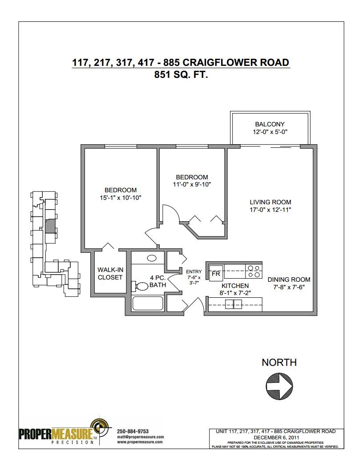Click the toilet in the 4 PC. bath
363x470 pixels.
click(141, 286)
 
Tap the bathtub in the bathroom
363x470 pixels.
click(148, 304)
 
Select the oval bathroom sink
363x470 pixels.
click(152, 258)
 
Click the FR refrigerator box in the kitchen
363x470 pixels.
click(216, 273)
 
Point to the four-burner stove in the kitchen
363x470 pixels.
click(254, 271)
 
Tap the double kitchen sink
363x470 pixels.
click(234, 304)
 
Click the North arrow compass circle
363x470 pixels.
click(279, 386)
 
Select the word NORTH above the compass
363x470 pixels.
click(279, 362)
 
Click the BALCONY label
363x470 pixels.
click(270, 124)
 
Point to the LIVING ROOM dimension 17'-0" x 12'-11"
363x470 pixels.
click(270, 210)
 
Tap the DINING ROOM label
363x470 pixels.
click(289, 280)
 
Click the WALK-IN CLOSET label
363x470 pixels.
click(110, 273)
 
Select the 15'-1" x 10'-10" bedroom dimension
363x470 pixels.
click(121, 198)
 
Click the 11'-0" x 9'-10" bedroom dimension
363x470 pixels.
click(192, 185)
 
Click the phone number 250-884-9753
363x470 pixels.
click(133, 431)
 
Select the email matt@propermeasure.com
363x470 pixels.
click(141, 437)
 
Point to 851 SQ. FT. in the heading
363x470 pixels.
click(181, 74)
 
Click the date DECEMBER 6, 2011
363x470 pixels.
click(276, 438)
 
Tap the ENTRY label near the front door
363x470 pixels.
click(194, 271)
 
